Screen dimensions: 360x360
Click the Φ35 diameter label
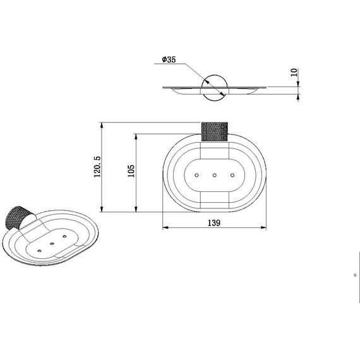click(169, 59)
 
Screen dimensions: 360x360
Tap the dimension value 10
click(294, 73)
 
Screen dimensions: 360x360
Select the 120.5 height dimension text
click(97, 167)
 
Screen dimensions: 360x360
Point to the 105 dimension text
click(131, 171)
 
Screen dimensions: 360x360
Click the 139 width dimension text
click(214, 223)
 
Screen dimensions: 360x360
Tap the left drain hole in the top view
click(196, 176)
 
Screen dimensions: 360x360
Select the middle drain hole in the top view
click(215, 176)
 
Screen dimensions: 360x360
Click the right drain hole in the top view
click(232, 176)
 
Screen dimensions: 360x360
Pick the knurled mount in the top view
click(215, 131)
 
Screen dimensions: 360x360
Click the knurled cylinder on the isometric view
click(15, 218)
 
